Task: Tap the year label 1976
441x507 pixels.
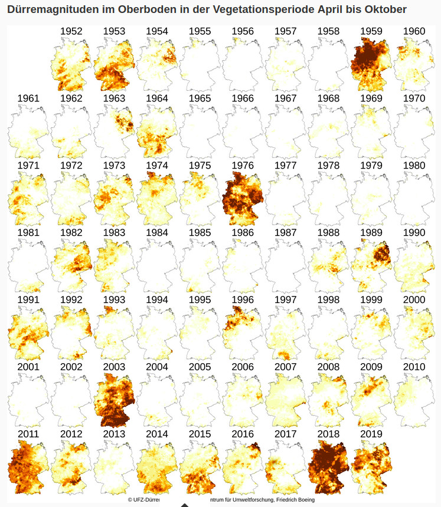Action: (x=242, y=166)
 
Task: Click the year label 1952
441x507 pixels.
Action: (x=71, y=31)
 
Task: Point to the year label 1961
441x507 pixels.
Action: (x=28, y=98)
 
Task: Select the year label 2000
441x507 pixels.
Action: (x=414, y=300)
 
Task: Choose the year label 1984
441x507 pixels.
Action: (x=156, y=233)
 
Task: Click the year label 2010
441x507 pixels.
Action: (x=414, y=367)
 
